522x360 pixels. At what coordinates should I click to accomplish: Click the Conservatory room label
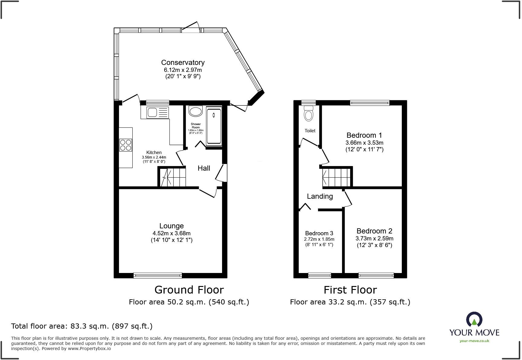pyautogui.click(x=183, y=63)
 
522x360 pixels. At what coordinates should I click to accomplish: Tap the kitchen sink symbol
pyautogui.click(x=157, y=113)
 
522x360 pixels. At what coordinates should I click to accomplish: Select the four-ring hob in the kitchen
pyautogui.click(x=126, y=145)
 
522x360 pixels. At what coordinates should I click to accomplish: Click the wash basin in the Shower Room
pyautogui.click(x=196, y=111)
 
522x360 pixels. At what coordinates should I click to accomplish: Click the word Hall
pyautogui.click(x=204, y=168)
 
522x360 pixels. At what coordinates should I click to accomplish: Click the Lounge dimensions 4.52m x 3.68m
pyautogui.click(x=172, y=233)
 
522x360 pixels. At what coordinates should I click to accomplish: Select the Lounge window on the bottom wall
pyautogui.click(x=158, y=275)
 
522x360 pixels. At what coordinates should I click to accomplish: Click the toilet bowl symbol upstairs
pyautogui.click(x=309, y=115)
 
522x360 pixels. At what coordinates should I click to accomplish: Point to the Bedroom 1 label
pyautogui.click(x=364, y=135)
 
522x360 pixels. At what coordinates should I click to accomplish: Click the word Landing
pyautogui.click(x=320, y=196)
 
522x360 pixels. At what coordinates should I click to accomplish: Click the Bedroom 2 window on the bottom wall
pyautogui.click(x=376, y=275)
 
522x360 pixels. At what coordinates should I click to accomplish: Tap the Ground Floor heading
pyautogui.click(x=189, y=290)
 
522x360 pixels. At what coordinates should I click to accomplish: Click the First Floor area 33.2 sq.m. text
pyautogui.click(x=350, y=302)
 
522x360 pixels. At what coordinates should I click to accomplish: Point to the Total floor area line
pyautogui.click(x=82, y=326)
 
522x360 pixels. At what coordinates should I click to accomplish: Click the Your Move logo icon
pyautogui.click(x=474, y=320)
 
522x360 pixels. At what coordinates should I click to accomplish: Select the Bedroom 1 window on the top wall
pyautogui.click(x=370, y=103)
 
